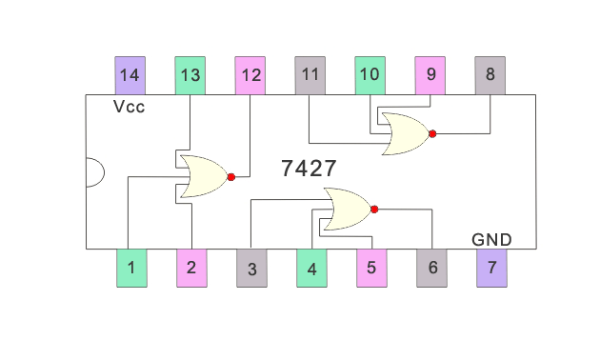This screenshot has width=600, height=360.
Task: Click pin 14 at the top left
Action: click(130, 74)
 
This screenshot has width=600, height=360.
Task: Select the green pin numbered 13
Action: click(190, 74)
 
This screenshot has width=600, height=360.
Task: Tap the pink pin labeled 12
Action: click(250, 74)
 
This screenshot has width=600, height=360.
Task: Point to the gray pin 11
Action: click(310, 74)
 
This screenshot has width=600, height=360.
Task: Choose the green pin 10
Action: click(370, 74)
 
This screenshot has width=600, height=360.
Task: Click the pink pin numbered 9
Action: click(430, 74)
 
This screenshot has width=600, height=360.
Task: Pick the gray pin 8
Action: click(490, 74)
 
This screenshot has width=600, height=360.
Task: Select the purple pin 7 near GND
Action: click(491, 268)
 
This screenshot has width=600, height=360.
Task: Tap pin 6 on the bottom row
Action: click(431, 268)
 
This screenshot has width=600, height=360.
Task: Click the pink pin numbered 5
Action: click(371, 268)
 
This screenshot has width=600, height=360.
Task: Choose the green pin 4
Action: click(311, 268)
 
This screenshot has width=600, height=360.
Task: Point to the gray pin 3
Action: click(251, 268)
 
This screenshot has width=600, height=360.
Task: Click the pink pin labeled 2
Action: click(191, 268)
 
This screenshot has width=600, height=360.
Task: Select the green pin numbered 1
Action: click(131, 268)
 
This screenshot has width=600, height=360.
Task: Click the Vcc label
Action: click(130, 107)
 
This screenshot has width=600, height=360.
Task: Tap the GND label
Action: click(491, 239)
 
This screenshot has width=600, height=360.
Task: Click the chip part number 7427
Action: click(309, 169)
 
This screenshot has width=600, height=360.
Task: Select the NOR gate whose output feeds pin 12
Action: click(203, 176)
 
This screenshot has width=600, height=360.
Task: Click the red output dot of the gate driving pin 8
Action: click(432, 134)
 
